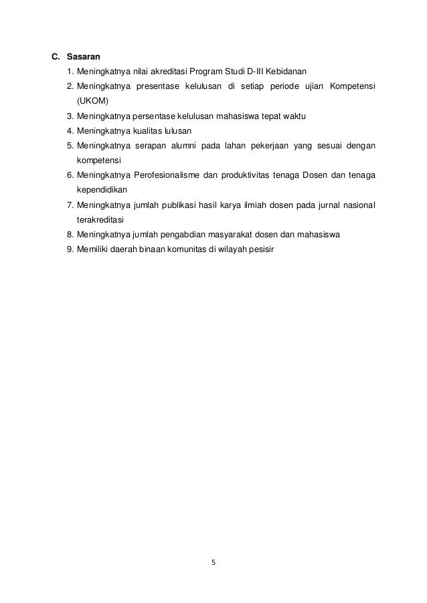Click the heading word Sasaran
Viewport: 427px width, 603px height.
(83, 57)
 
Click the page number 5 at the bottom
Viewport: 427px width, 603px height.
(213, 562)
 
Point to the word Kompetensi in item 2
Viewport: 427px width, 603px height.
(353, 87)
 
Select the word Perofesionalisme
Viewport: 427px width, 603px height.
(172, 175)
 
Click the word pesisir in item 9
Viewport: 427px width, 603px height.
(261, 249)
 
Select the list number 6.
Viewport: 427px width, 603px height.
(70, 175)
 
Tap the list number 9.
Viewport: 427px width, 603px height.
(70, 249)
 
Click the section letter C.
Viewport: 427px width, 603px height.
(56, 57)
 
